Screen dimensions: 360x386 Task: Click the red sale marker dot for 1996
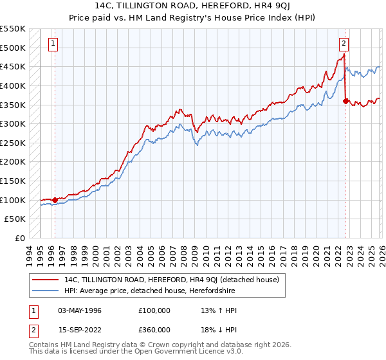click(x=55, y=200)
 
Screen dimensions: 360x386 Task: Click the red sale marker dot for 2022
click(x=346, y=101)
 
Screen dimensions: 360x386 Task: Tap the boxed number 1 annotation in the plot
click(x=52, y=44)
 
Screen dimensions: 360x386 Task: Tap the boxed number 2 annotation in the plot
click(x=344, y=44)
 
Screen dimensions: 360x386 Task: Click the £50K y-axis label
click(x=15, y=219)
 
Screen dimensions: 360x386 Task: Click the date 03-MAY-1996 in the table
click(x=80, y=310)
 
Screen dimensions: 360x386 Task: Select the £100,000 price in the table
click(x=154, y=310)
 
